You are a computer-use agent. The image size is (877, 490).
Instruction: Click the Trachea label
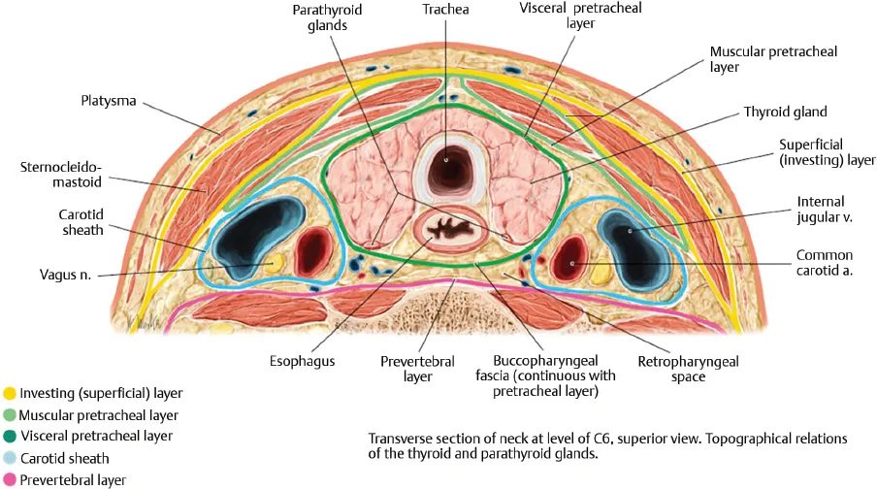click(x=444, y=11)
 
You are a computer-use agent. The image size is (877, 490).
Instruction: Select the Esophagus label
click(x=302, y=361)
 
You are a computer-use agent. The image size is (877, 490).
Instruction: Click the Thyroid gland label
click(x=785, y=112)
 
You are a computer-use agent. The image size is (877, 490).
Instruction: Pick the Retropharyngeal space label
click(x=688, y=369)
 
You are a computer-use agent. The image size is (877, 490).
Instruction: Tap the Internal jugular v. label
click(x=824, y=210)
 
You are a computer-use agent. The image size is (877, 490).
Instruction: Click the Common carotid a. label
click(x=824, y=263)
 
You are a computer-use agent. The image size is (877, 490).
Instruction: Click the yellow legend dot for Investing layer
click(x=10, y=393)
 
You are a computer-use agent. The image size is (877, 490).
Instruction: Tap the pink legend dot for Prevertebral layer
click(x=10, y=479)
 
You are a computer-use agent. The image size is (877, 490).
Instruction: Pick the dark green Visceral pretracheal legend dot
click(x=10, y=436)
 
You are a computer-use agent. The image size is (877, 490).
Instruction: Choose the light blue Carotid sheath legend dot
click(x=10, y=458)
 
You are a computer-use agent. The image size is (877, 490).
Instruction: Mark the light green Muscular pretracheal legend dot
click(x=10, y=414)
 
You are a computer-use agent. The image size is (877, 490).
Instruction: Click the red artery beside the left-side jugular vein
click(x=312, y=248)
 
